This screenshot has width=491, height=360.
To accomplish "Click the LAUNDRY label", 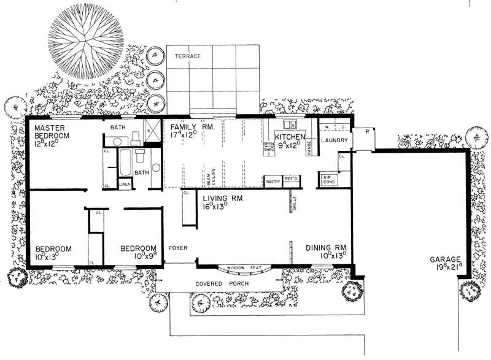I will coord(334,140).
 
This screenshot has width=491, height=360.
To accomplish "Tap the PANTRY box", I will coord(273,181).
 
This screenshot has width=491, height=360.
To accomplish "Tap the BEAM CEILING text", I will coord(210,175).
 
